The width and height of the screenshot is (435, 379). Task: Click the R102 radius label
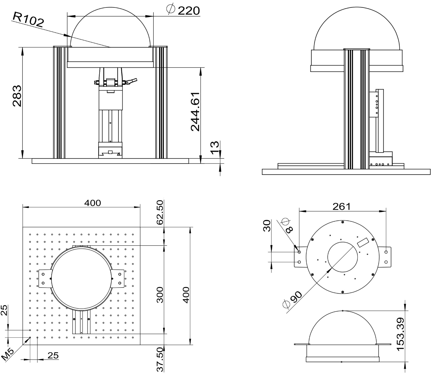click(x=28, y=20)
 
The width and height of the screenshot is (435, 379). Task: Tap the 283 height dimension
click(x=17, y=96)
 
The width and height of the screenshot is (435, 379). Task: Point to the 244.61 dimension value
click(x=195, y=112)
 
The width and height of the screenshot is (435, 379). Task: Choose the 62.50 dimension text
click(x=160, y=213)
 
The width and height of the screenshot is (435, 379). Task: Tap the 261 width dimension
click(x=342, y=207)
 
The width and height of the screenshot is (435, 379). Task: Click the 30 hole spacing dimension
click(x=267, y=226)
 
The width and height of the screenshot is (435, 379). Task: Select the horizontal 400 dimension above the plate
click(x=92, y=203)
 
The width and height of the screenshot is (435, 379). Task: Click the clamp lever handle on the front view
click(x=132, y=81)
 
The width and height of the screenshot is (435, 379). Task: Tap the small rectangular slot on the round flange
click(x=363, y=242)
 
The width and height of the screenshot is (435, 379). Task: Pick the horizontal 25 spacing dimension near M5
click(x=53, y=355)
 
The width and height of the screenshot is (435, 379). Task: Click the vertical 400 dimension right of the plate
click(x=186, y=295)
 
